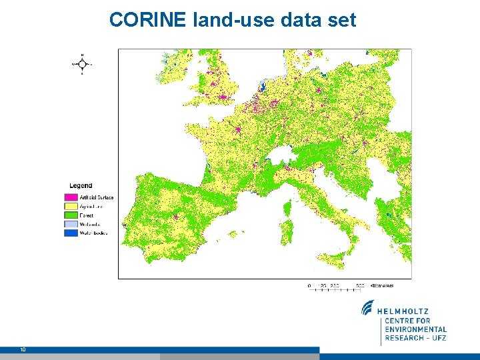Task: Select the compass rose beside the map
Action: [81, 64]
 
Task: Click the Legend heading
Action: [81, 185]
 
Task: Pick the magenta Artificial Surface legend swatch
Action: [71, 197]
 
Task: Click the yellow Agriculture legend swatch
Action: [71, 207]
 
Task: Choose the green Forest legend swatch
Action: [71, 215]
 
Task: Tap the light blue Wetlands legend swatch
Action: [71, 224]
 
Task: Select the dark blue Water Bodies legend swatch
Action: [71, 233]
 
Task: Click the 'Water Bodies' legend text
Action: [93, 233]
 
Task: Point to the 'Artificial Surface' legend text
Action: [97, 197]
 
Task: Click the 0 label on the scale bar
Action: [309, 285]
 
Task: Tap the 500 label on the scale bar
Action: [359, 285]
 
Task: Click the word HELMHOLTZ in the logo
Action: [404, 311]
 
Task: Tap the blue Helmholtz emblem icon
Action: [368, 308]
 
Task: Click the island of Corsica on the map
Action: [287, 209]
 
